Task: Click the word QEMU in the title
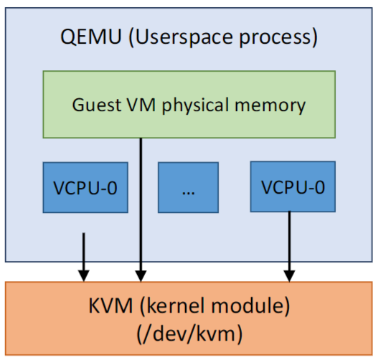pos(91,37)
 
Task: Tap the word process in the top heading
pos(276,38)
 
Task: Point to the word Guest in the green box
pos(97,105)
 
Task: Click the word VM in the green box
pos(141,105)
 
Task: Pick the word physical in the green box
pos(195,105)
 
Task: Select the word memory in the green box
pos(270,106)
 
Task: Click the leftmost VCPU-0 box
pos(85,188)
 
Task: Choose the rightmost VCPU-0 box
pos(293,186)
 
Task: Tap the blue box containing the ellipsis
pos(188,188)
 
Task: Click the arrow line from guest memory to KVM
pos(141,210)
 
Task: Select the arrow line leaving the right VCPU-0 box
pos(289,247)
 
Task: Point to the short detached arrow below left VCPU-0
pos(84,257)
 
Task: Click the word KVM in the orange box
pos(110,305)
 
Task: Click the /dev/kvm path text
pos(189,334)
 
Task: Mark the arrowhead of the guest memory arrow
pos(141,276)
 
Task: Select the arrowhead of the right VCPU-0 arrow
pos(289,276)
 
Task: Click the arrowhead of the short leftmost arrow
pos(84,276)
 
